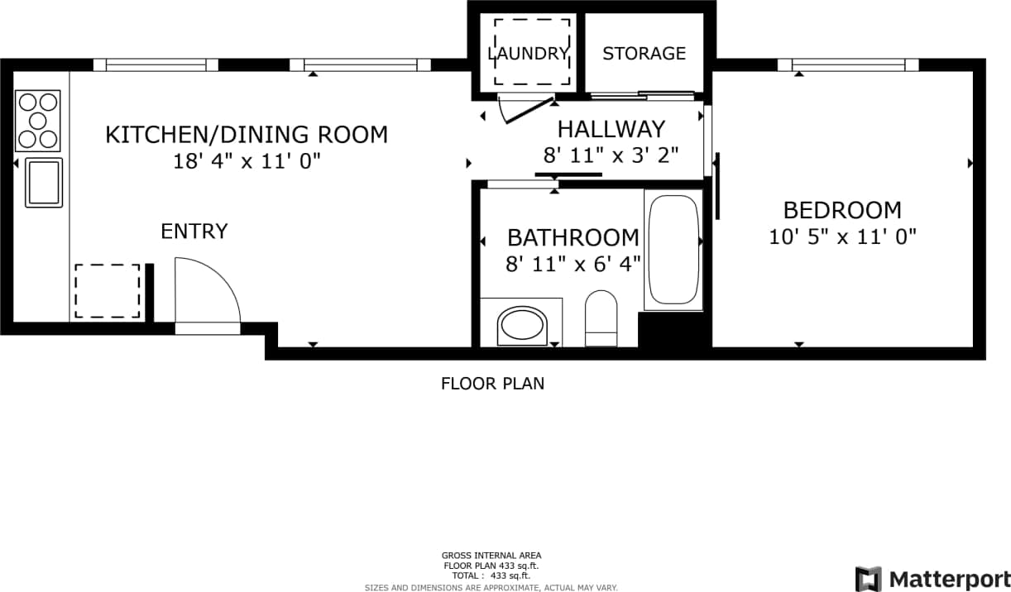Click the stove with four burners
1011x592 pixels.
pyautogui.click(x=38, y=121)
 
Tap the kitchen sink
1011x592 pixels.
pyautogui.click(x=44, y=182)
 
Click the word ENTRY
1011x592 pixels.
pyautogui.click(x=194, y=232)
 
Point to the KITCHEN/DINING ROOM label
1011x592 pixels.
pyautogui.click(x=247, y=134)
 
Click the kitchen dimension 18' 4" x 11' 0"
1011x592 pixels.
pyautogui.click(x=247, y=161)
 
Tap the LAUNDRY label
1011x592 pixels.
pyautogui.click(x=529, y=54)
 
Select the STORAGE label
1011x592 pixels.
pyautogui.click(x=644, y=54)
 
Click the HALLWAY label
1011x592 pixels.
pyautogui.click(x=611, y=129)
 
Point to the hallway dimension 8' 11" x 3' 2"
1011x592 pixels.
pyautogui.click(x=611, y=155)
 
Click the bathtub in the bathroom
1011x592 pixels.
pyautogui.click(x=673, y=250)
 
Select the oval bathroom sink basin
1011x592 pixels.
pyautogui.click(x=522, y=325)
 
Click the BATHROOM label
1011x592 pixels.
pyautogui.click(x=573, y=238)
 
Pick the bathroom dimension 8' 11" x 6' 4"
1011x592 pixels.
pyautogui.click(x=573, y=265)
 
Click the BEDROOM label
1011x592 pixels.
pyautogui.click(x=842, y=210)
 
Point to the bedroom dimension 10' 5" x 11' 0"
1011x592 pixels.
pyautogui.click(x=842, y=237)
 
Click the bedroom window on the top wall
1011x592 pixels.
pyautogui.click(x=848, y=64)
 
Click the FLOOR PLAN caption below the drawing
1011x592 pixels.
pyautogui.click(x=492, y=384)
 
